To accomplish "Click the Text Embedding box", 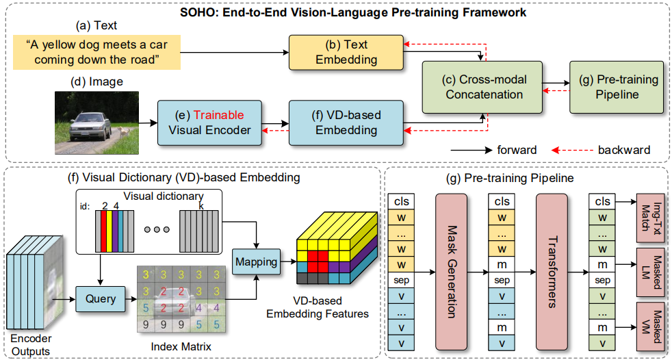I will click(346, 52).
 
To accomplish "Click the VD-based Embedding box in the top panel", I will click(346, 122).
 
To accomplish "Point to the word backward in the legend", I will click(623, 150).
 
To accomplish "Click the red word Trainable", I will click(218, 114).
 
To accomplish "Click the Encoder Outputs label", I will click(31, 344).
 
